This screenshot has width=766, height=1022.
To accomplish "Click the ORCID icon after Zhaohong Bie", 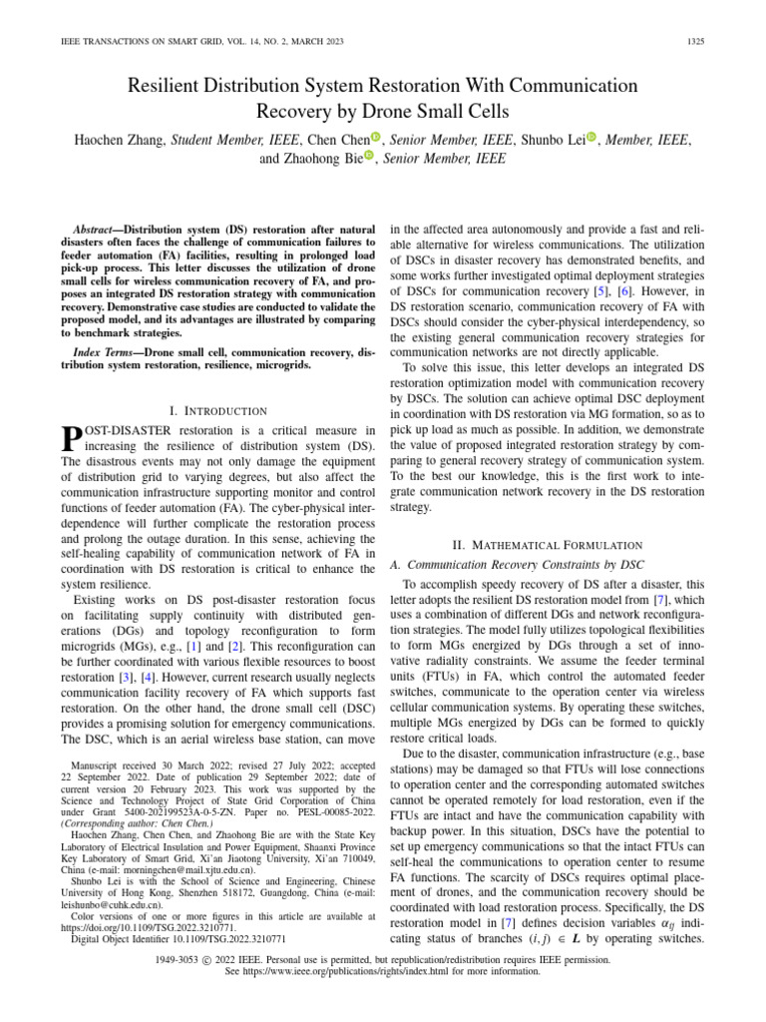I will pos(368,157).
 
